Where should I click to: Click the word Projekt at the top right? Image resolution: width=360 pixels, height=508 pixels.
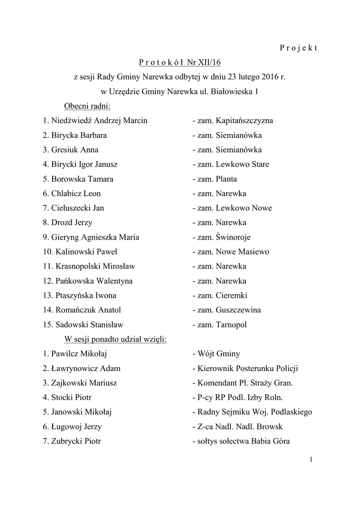pos(298,48)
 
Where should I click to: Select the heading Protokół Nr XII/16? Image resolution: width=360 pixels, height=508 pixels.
pos(180,62)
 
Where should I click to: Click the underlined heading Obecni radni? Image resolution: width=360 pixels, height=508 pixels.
pos(87,106)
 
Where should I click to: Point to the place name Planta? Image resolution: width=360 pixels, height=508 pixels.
pos(226,179)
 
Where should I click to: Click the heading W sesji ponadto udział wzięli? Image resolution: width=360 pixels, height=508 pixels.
pos(115,339)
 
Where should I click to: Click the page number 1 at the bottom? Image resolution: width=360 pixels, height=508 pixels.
pos(311,460)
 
